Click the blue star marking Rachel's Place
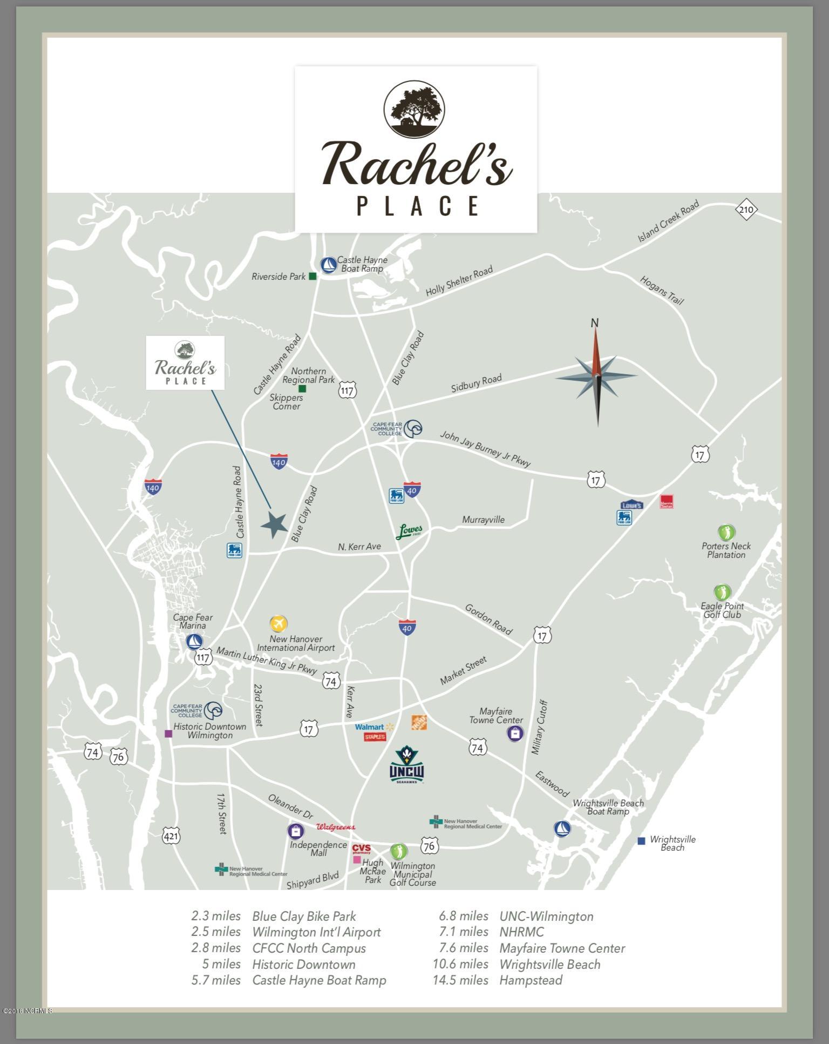274,524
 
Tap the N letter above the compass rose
594,323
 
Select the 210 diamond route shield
746,210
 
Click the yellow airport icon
278,624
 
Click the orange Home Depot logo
419,723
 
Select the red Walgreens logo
335,827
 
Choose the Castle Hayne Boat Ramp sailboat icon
328,265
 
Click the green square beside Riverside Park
312,277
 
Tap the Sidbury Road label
477,383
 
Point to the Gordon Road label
488,619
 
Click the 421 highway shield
171,837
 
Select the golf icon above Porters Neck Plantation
726,533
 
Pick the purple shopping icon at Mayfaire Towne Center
515,733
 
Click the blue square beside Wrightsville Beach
641,841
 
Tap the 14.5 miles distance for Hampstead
460,980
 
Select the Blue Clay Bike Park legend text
304,916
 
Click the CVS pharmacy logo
362,848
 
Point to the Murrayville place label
483,520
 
